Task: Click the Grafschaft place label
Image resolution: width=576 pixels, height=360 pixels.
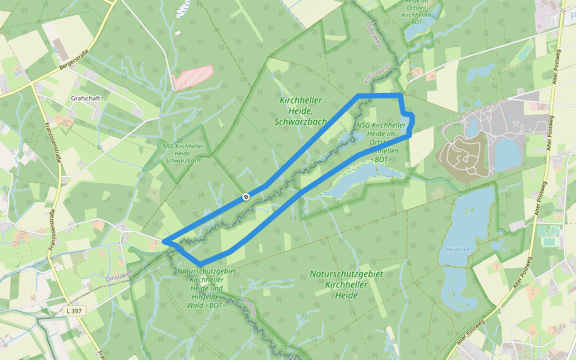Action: [85, 98]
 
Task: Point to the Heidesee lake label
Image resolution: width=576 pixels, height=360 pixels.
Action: [457, 248]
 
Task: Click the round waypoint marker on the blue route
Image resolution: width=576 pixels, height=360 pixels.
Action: [246, 196]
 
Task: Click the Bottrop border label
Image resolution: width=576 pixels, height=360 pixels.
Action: [250, 307]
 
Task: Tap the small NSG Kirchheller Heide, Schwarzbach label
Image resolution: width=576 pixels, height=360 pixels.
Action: [183, 153]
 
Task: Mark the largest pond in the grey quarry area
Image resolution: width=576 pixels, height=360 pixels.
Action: [508, 154]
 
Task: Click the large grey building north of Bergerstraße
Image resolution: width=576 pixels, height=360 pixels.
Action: [60, 49]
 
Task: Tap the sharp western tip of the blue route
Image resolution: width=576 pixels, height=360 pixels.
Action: [164, 242]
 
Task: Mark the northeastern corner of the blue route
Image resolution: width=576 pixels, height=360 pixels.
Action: [400, 95]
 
